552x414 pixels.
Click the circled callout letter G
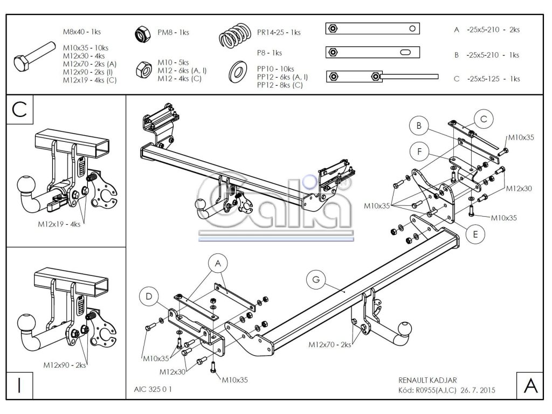[316, 280]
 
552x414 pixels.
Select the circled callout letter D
[149, 297]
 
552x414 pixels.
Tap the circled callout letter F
[419, 151]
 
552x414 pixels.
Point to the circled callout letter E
[475, 234]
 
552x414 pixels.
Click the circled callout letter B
[419, 126]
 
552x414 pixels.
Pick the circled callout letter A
[218, 263]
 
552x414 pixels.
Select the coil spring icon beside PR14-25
[235, 35]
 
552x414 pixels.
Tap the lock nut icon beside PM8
[143, 34]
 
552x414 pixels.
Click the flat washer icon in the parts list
[238, 72]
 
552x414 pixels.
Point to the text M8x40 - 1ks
[82, 32]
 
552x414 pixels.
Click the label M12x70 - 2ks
[329, 344]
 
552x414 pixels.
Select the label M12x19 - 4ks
[59, 224]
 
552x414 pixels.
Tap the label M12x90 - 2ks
[65, 365]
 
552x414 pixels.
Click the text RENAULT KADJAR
[427, 380]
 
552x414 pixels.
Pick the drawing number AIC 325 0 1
[153, 389]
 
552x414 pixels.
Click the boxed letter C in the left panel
[19, 109]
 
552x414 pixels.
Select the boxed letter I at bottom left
[19, 385]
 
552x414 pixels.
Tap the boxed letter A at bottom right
[530, 385]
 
